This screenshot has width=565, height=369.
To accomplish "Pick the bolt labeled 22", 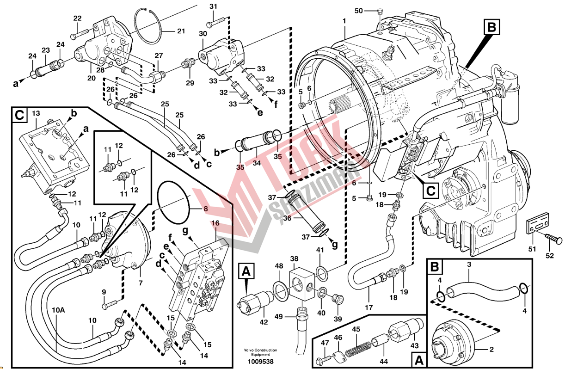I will (x=81, y=33).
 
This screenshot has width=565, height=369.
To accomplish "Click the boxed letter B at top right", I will (x=492, y=27).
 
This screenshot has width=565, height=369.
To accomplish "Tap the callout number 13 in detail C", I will (x=36, y=113).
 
